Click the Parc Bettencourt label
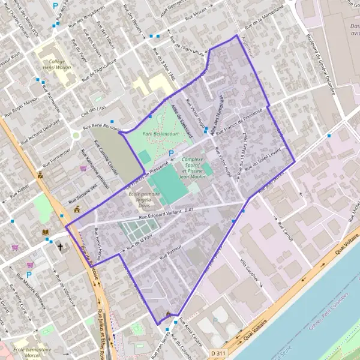point(154,134)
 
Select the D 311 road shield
point(219,354)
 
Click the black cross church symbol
point(59,246)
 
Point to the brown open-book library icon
point(46,233)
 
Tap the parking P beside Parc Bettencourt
point(171,154)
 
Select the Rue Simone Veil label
point(91,194)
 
